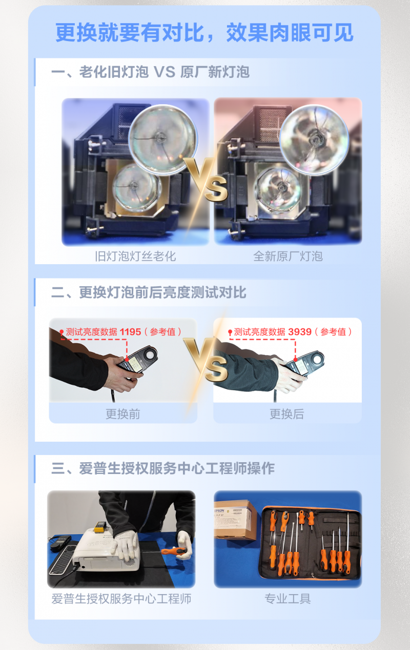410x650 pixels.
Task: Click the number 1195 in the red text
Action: pos(130,332)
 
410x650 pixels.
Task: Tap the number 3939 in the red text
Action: pos(300,332)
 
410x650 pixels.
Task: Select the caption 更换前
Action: pos(123,414)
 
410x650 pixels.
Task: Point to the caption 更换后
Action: pos(287,414)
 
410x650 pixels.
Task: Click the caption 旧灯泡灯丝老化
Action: pos(135,256)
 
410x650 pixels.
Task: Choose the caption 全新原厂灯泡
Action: pos(288,256)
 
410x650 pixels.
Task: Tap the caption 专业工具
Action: pos(288,599)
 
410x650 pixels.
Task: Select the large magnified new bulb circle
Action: pos(314,140)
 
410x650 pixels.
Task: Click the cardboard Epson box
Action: pos(235,520)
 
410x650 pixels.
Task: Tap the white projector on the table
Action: pos(106,550)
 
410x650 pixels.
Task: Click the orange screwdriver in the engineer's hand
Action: pos(174,551)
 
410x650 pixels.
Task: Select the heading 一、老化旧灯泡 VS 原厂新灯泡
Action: pos(150,72)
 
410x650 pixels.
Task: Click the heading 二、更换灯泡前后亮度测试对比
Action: pos(149,292)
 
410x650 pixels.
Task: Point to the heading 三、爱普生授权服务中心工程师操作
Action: pos(163,468)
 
